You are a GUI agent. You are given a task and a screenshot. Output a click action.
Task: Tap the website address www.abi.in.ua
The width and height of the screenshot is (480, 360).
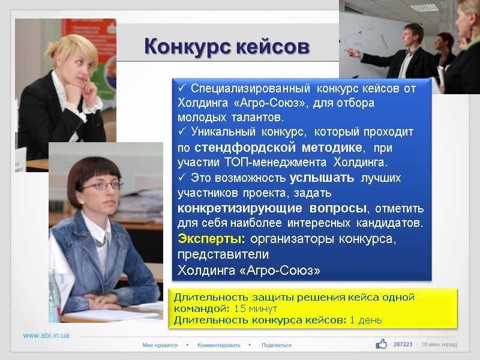46,335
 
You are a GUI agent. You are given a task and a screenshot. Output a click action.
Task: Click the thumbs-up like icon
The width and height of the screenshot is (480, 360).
381,344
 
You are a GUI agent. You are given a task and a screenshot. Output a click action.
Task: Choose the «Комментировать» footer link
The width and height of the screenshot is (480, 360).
218,345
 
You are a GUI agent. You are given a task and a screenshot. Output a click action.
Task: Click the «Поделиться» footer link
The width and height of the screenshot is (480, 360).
276,345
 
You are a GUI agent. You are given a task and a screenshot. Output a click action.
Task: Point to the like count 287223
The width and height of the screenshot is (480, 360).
403,344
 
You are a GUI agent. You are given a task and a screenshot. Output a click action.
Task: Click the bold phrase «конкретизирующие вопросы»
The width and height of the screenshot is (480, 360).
271,208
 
